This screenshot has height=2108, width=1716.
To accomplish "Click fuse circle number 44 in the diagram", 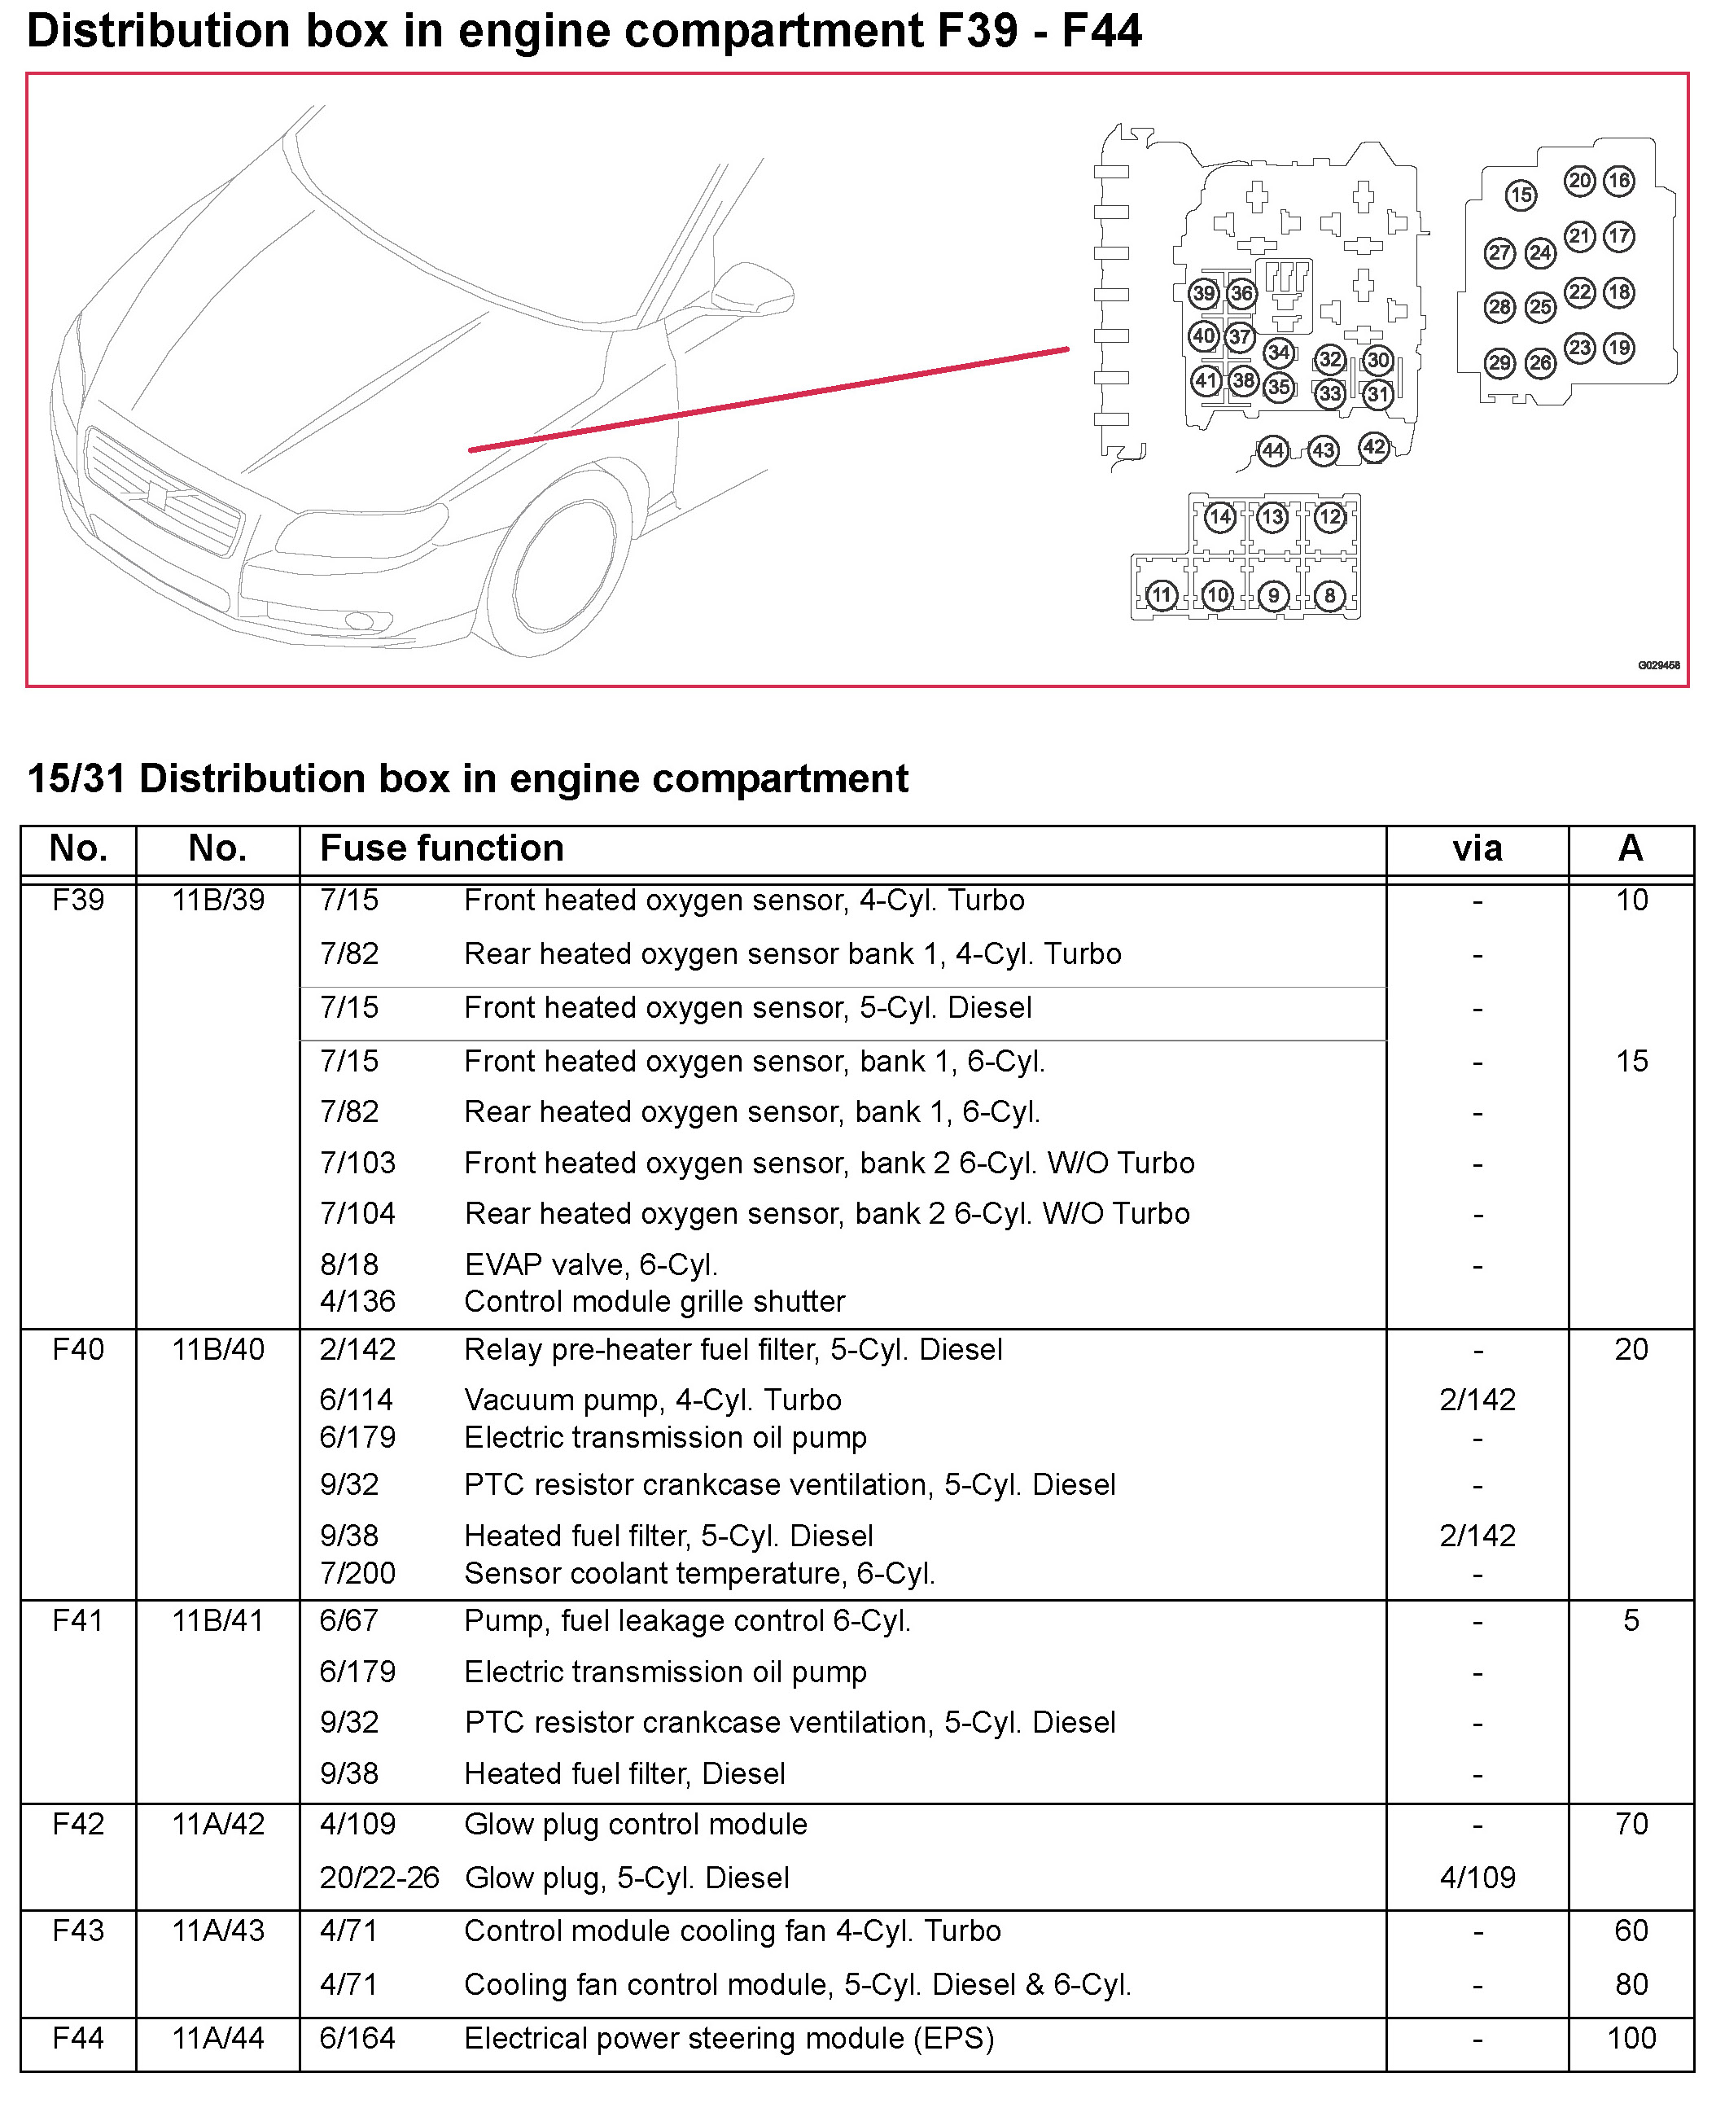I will (x=1272, y=451).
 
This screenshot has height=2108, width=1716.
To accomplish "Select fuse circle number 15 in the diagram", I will (x=1521, y=195).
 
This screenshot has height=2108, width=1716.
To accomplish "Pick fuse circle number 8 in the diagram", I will (x=1329, y=595).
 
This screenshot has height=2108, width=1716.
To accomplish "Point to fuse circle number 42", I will (x=1374, y=447).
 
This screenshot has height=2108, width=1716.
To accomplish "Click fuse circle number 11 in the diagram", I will (x=1162, y=595).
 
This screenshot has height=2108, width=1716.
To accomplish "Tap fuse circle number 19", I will (x=1618, y=348).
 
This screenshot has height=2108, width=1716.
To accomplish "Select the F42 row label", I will (x=78, y=1823).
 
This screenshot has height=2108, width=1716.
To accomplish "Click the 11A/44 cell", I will (x=217, y=2038).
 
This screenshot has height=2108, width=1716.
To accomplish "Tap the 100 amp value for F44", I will (x=1631, y=2038).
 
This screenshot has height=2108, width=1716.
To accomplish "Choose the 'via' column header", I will (x=1477, y=848).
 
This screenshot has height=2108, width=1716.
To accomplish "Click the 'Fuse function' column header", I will (x=442, y=848).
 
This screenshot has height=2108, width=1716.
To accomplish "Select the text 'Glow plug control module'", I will (x=636, y=1823).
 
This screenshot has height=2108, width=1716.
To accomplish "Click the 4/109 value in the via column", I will (x=1477, y=1877).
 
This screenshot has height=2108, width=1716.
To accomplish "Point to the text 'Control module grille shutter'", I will (x=654, y=1301).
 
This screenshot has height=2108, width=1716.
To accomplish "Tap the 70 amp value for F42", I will (x=1631, y=1823).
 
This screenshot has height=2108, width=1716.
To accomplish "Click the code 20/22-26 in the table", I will (x=379, y=1877).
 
